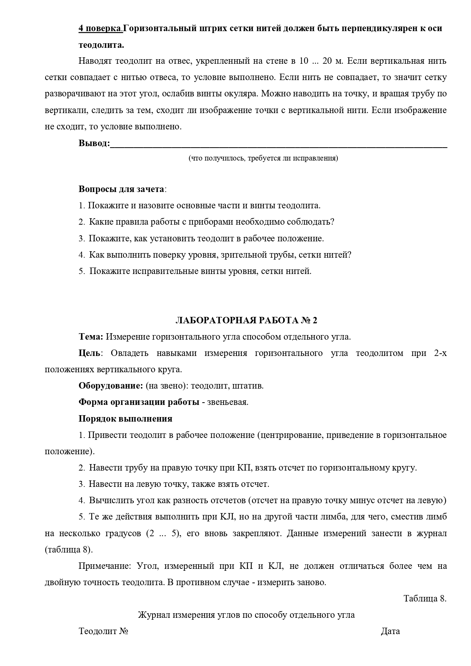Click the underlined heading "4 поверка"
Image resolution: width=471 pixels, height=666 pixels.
[100, 28]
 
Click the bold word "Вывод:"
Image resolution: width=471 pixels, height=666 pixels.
[94, 143]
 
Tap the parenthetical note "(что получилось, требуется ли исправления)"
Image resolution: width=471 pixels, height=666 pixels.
[263, 158]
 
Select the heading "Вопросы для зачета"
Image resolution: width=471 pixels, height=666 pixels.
[121, 189]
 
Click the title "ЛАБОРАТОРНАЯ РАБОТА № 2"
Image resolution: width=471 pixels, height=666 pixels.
[246, 320]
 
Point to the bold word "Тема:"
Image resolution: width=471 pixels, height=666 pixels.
[91, 337]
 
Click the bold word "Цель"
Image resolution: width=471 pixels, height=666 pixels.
[90, 353]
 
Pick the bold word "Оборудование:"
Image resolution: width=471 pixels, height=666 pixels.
[110, 386]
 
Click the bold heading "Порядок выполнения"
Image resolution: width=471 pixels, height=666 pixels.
[125, 419]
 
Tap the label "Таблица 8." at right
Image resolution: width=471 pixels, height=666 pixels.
[425, 598]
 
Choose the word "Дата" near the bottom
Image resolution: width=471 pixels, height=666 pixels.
[390, 631]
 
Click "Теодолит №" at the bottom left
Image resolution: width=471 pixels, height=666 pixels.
[103, 631]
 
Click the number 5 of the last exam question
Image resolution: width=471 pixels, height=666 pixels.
[81, 271]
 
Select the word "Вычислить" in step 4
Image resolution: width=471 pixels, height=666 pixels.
[109, 500]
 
